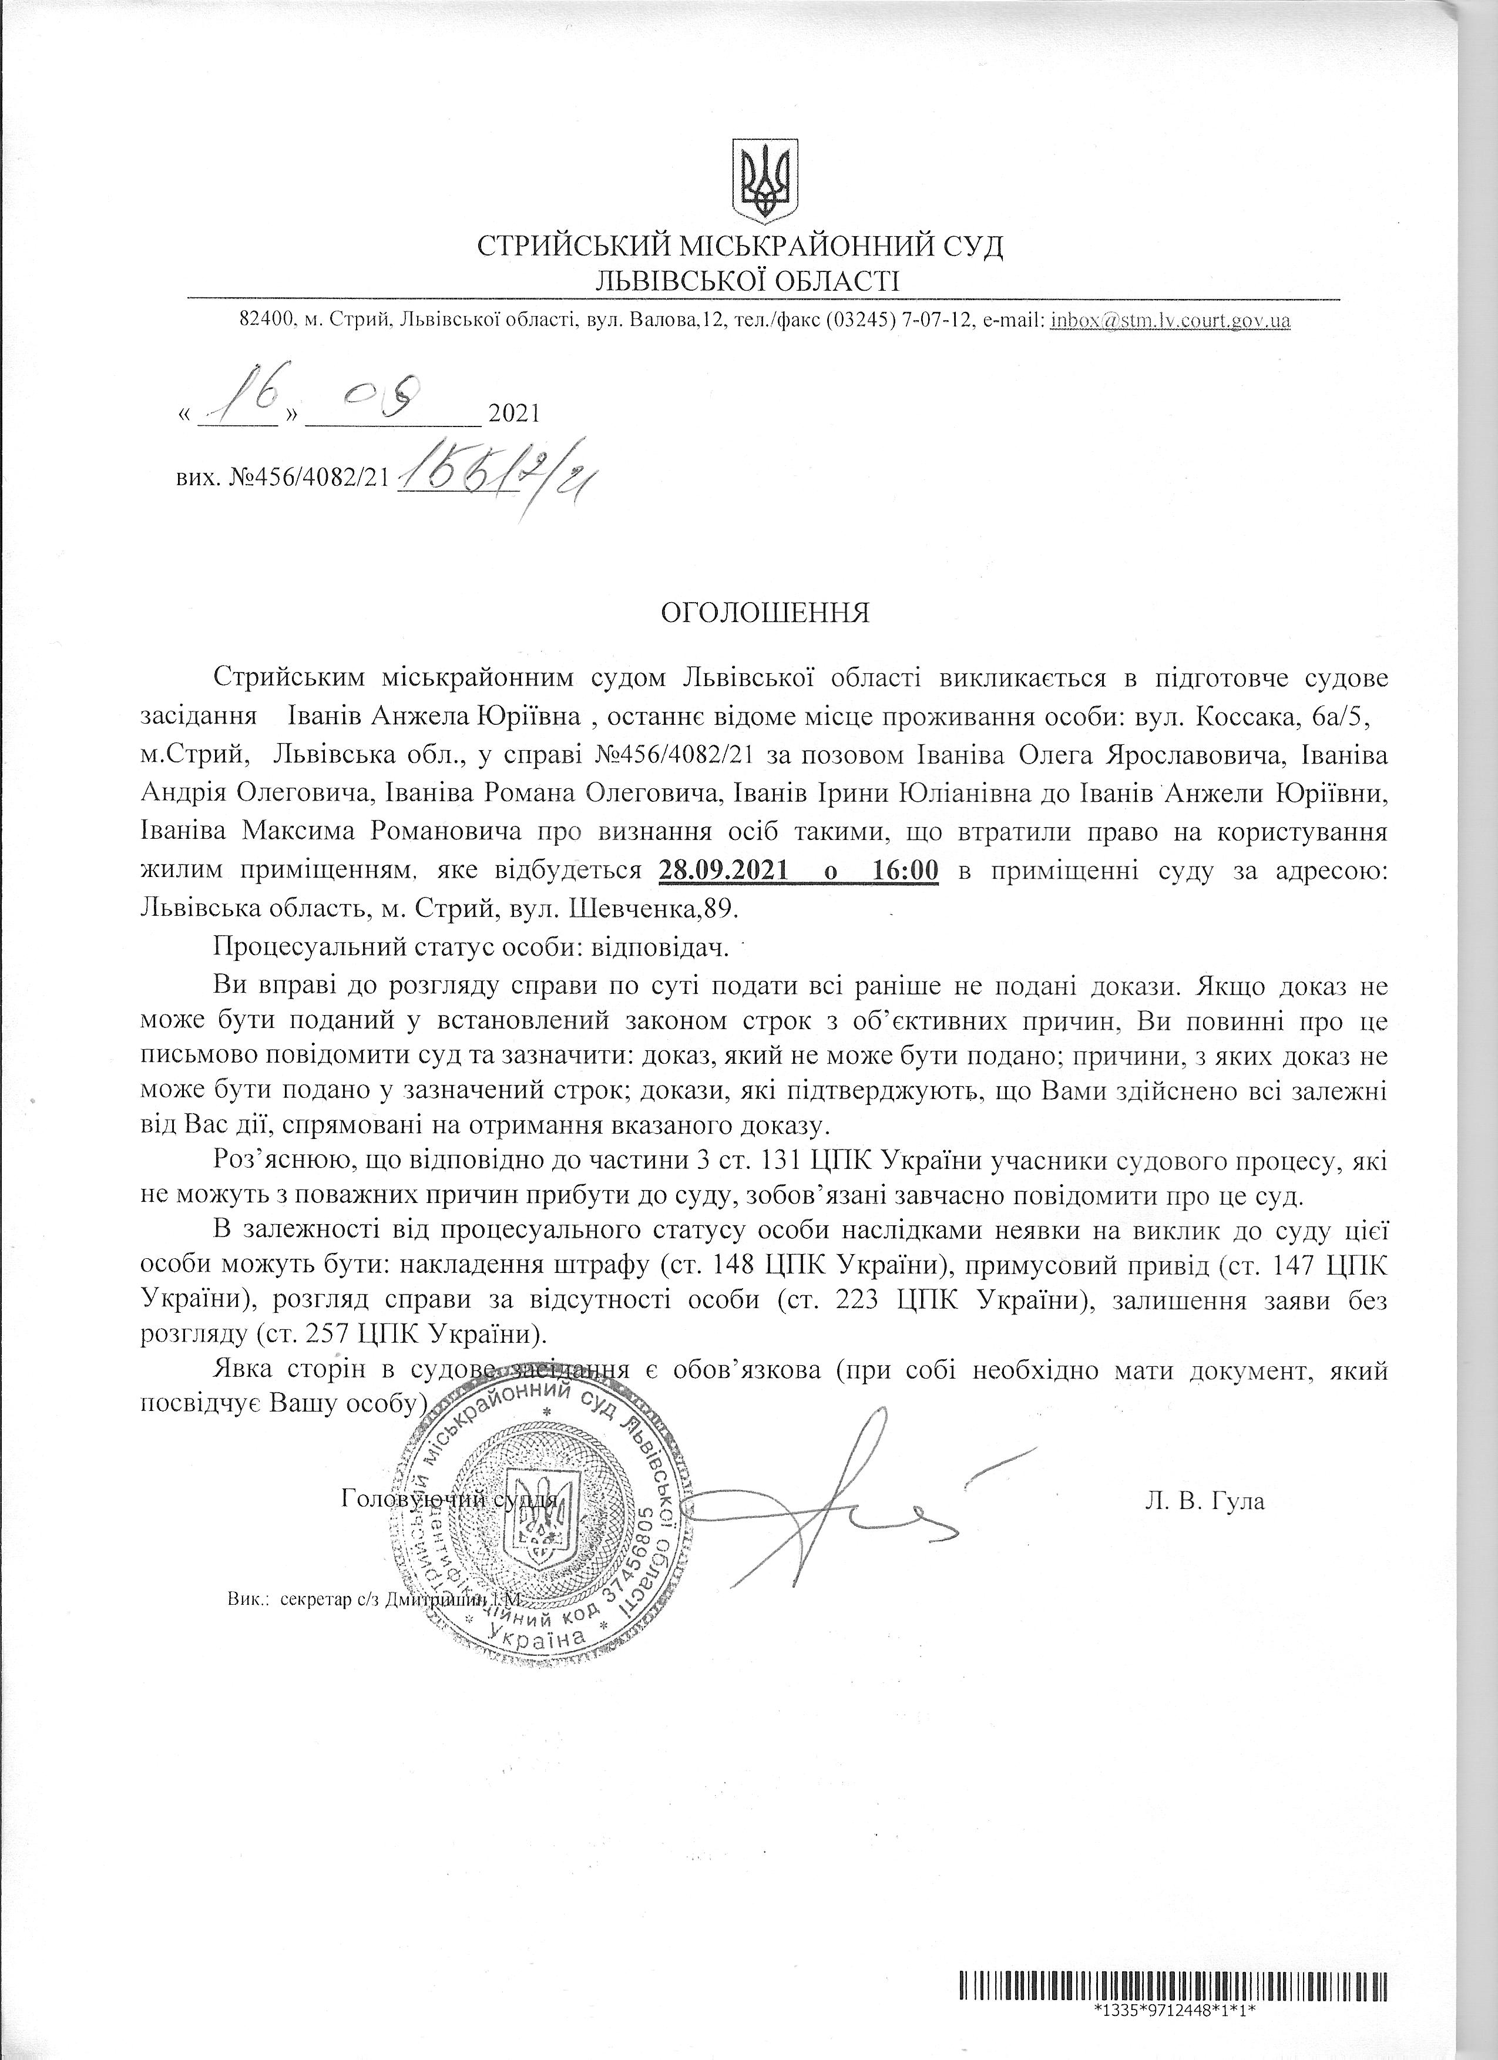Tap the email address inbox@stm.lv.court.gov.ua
pyautogui.click(x=1170, y=321)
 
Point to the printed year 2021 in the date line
pyautogui.click(x=514, y=414)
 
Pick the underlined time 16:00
pyautogui.click(x=904, y=870)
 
